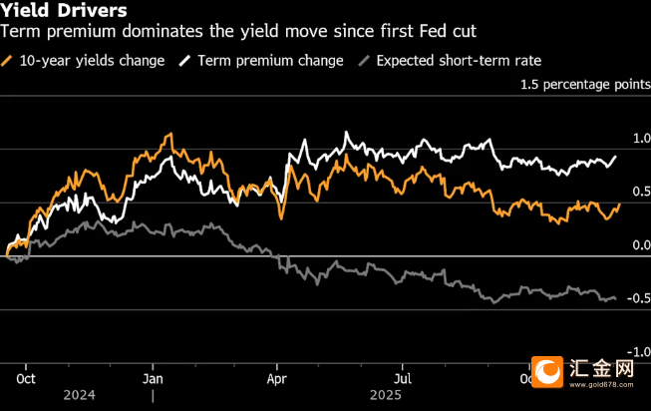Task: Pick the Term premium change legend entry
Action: click(x=270, y=60)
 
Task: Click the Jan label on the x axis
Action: click(x=153, y=379)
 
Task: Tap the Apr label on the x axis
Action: click(x=278, y=379)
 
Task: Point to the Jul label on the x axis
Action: click(x=404, y=379)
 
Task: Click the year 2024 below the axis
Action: click(x=81, y=396)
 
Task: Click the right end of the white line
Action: click(x=616, y=156)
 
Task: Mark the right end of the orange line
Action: click(x=619, y=203)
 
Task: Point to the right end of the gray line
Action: click(x=614, y=297)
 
